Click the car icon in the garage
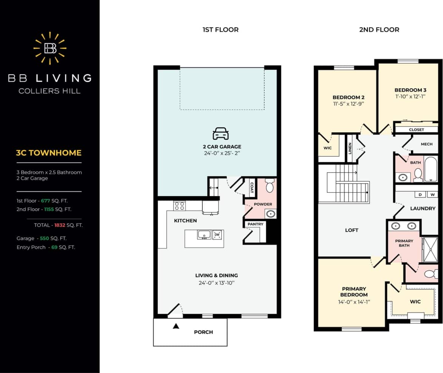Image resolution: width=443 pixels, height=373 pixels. [x=221, y=134]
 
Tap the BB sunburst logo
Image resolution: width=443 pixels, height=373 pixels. [x=50, y=48]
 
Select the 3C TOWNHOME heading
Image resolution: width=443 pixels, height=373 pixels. [x=49, y=153]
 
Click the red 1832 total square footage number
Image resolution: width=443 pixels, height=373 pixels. [x=60, y=225]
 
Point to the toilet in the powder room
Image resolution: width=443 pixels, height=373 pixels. [x=269, y=187]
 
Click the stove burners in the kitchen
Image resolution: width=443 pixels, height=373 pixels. [x=179, y=206]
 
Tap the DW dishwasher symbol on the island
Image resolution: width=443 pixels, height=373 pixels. [x=217, y=235]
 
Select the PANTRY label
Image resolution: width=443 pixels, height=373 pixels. [x=255, y=224]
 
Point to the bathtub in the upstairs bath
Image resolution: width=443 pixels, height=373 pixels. [x=431, y=169]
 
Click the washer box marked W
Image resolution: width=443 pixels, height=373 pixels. [x=432, y=195]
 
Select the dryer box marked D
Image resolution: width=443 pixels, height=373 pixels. [x=420, y=195]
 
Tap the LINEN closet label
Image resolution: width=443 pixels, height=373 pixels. [x=350, y=148]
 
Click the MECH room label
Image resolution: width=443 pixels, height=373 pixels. [x=426, y=144]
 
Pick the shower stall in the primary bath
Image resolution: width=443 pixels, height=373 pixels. [x=430, y=249]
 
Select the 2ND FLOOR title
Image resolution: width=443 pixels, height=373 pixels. [x=379, y=29]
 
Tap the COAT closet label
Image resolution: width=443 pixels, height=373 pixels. [x=252, y=187]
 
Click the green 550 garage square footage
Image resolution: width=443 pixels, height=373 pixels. [x=44, y=238]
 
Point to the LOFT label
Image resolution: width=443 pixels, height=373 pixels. [x=352, y=230]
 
